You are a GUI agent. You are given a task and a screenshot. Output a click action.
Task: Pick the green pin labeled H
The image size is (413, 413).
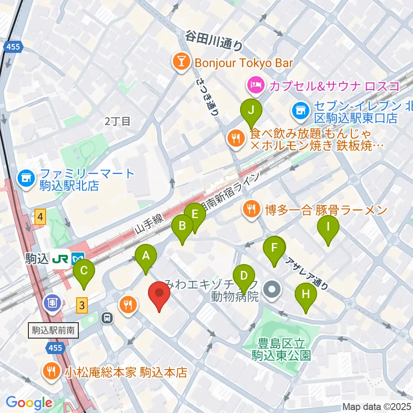click(306, 294)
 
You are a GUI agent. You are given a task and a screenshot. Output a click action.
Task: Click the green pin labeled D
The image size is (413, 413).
click(243, 275)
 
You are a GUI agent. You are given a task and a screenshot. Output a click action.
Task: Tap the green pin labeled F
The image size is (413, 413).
click(274, 248)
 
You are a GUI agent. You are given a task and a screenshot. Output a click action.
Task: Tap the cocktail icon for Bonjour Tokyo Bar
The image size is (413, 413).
click(181, 63)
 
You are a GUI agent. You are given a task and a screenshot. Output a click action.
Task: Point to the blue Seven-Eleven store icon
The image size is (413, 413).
click(299, 110)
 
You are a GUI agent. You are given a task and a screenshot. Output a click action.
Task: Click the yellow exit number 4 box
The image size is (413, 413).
click(40, 218)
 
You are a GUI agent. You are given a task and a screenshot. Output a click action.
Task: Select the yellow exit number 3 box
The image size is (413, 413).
click(82, 305)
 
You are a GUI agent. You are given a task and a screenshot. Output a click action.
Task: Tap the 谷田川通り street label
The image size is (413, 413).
click(214, 41)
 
